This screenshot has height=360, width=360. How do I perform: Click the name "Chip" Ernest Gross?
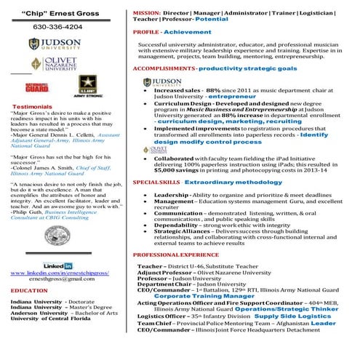click(x=60, y=13)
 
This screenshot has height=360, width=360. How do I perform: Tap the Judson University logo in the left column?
click(x=61, y=44)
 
